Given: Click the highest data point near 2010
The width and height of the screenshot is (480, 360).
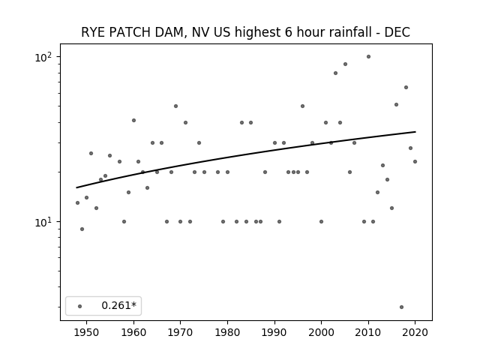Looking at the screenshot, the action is coord(368,57).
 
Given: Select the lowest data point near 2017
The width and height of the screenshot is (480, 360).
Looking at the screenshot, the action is coord(402,307).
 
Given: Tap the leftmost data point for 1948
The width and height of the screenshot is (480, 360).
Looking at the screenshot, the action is coord(77,203).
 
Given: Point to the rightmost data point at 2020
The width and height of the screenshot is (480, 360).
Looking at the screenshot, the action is coord(415,162).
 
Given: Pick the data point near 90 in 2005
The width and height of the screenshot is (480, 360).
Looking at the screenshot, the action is coord(345,64).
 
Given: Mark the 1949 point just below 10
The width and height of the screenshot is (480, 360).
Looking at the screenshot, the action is coord(82,229).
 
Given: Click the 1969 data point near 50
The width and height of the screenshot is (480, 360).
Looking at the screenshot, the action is coord(175,106).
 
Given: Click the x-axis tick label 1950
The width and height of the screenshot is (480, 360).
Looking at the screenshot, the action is coord(87,333).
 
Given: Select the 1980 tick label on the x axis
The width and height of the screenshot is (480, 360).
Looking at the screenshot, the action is coord(227,333).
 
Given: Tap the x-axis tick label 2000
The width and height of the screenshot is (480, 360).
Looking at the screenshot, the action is coord(321,333).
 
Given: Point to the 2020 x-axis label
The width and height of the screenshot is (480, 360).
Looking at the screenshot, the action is coord(415,333).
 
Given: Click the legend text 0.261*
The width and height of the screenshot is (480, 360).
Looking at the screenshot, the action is coord(118,305).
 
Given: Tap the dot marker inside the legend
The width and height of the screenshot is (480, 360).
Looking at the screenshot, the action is coord(80,307).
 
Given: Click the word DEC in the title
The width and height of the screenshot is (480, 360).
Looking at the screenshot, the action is coord(397,32).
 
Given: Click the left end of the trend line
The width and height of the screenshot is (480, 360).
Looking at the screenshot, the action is coord(76,187).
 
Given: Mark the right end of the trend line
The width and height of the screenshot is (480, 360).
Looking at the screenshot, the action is coord(415,132).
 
